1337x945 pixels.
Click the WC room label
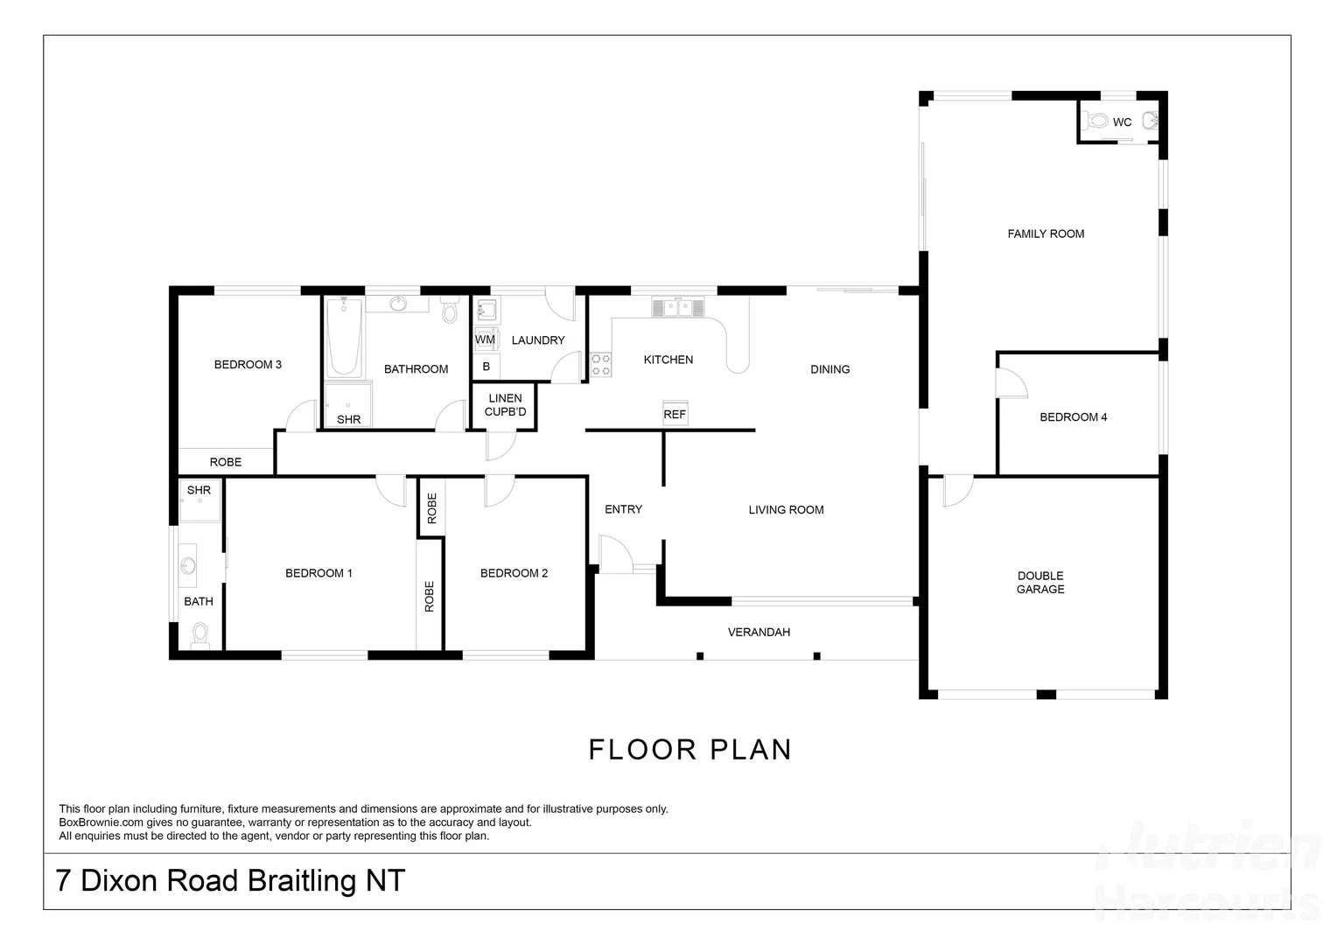coord(1122,122)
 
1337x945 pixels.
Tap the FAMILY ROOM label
coord(1046,234)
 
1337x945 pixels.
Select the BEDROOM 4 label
coord(1073,417)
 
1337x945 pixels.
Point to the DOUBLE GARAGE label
coord(1040,583)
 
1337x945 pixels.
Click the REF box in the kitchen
coord(675,414)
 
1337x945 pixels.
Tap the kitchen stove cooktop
coord(600,364)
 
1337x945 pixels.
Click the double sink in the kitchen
coord(677,307)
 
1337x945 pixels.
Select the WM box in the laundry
coord(485,339)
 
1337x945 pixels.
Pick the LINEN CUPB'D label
coord(505,405)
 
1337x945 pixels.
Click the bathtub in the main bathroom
coord(344,338)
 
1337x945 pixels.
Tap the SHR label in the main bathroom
coord(348,420)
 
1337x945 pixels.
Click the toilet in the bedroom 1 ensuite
coord(200,634)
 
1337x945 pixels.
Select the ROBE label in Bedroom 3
coord(225,462)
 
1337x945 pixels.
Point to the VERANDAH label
coord(759,632)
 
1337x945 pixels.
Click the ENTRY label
coord(623,509)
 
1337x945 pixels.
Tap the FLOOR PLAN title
coord(689,750)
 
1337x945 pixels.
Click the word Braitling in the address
coord(301,880)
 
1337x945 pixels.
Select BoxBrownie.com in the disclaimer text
coord(101,822)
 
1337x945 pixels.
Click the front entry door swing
coord(613,555)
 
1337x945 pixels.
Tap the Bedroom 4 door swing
coord(1012,383)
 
